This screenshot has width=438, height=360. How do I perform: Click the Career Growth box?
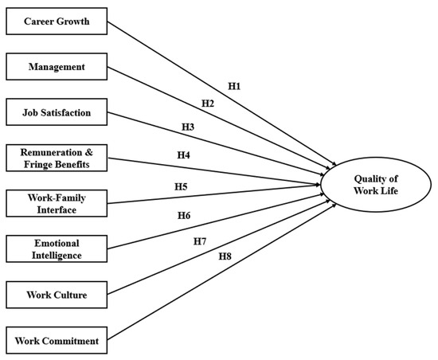[x=56, y=21]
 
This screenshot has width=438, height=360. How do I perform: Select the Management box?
[x=56, y=67]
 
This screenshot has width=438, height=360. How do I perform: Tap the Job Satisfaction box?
[x=56, y=112]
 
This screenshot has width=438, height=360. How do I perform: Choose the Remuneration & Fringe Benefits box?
[x=56, y=158]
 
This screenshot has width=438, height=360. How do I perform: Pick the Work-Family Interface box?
[x=56, y=203]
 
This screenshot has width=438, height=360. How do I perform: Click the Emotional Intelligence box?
[x=56, y=249]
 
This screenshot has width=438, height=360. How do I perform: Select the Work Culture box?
[x=56, y=295]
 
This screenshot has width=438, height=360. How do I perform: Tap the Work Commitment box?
[x=56, y=341]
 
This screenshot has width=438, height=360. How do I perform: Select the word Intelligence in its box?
[x=56, y=256]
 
